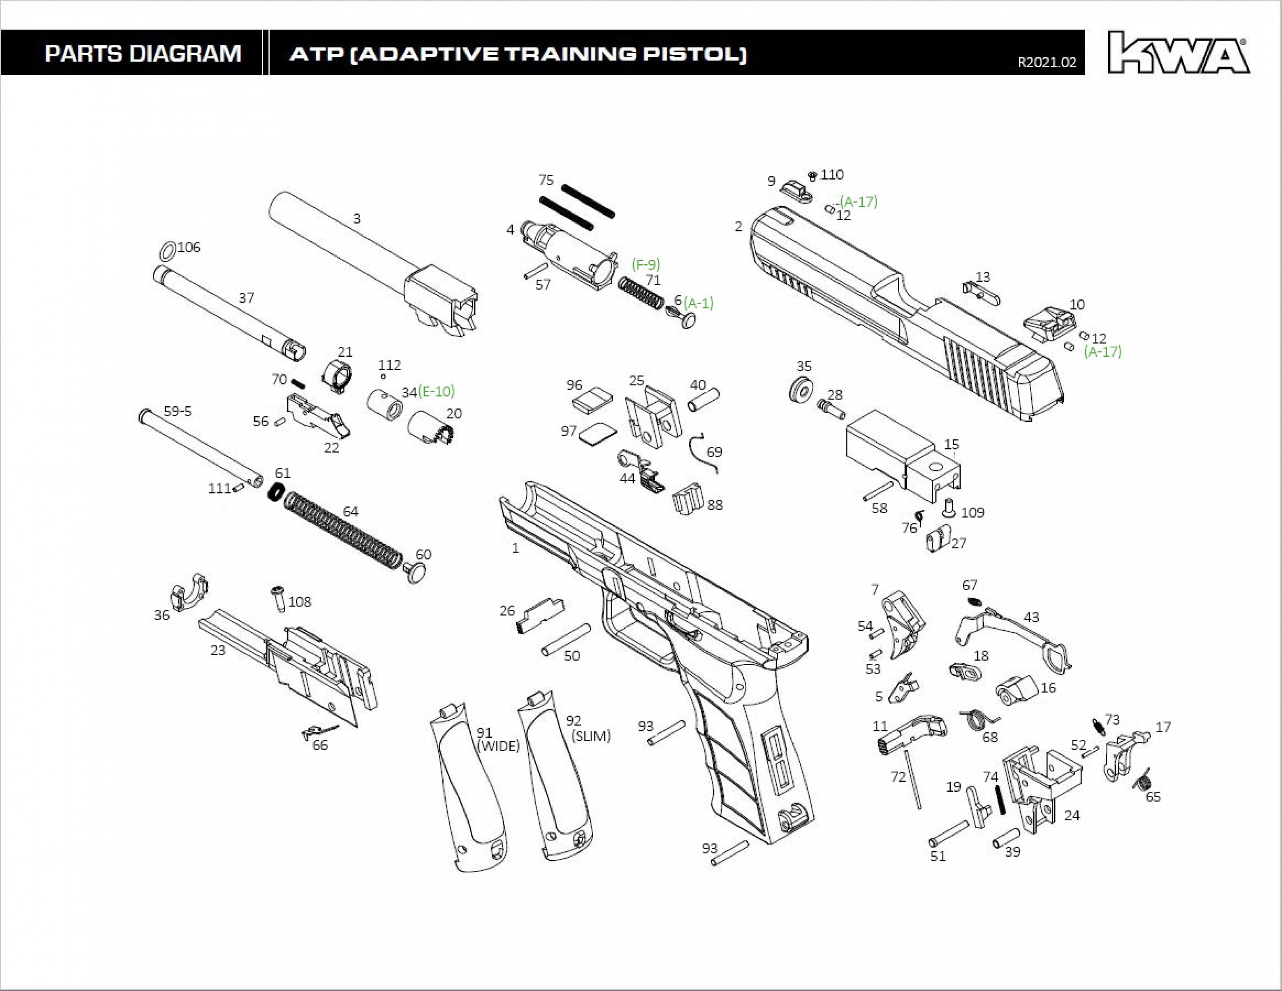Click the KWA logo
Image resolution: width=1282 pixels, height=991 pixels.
(x=1179, y=53)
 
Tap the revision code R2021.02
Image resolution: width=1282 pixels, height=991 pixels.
(x=1047, y=63)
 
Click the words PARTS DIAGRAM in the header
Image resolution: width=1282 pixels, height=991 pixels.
(x=143, y=53)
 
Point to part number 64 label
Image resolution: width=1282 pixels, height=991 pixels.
(x=350, y=512)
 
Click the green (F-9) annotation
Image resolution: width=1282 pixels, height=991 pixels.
(x=646, y=264)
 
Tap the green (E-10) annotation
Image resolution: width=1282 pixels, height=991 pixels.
(x=436, y=391)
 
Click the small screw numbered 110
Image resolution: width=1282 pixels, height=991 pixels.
(x=813, y=176)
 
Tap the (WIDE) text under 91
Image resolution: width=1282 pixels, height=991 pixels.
(x=498, y=746)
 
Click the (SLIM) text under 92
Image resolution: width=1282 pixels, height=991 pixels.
(x=591, y=736)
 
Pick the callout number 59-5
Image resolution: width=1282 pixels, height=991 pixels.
(x=178, y=411)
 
